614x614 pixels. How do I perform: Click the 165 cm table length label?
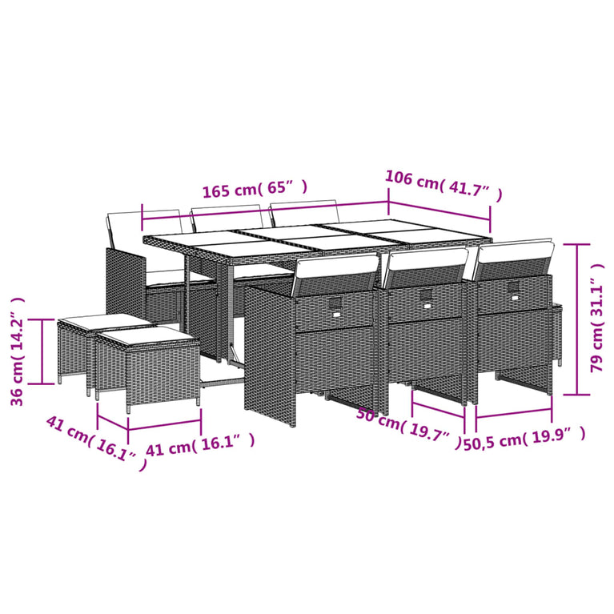tap(254, 190)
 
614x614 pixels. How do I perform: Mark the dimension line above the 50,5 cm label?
tap(513, 415)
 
